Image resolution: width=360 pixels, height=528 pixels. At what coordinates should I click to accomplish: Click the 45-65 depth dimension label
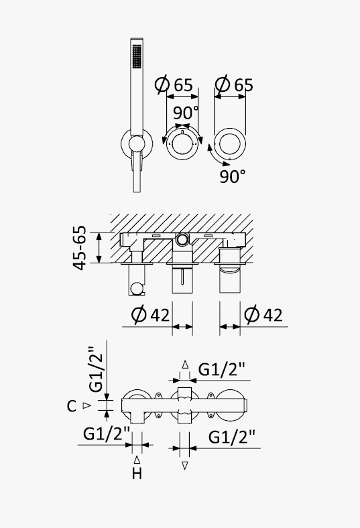(x=80, y=248)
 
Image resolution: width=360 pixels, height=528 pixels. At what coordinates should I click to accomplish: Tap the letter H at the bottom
(x=137, y=474)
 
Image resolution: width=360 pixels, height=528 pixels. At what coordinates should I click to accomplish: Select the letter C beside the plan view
(x=71, y=406)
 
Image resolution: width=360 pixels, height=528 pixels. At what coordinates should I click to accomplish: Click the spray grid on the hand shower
(x=136, y=56)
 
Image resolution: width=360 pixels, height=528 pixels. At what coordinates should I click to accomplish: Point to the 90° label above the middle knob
(x=186, y=113)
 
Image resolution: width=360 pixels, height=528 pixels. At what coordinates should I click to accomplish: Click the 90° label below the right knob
(x=233, y=176)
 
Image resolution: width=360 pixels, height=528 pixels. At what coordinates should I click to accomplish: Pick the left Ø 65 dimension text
(x=174, y=84)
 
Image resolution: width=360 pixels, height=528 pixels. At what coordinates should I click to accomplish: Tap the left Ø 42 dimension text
(x=150, y=315)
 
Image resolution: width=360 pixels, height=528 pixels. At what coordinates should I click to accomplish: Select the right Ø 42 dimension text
(x=263, y=315)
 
